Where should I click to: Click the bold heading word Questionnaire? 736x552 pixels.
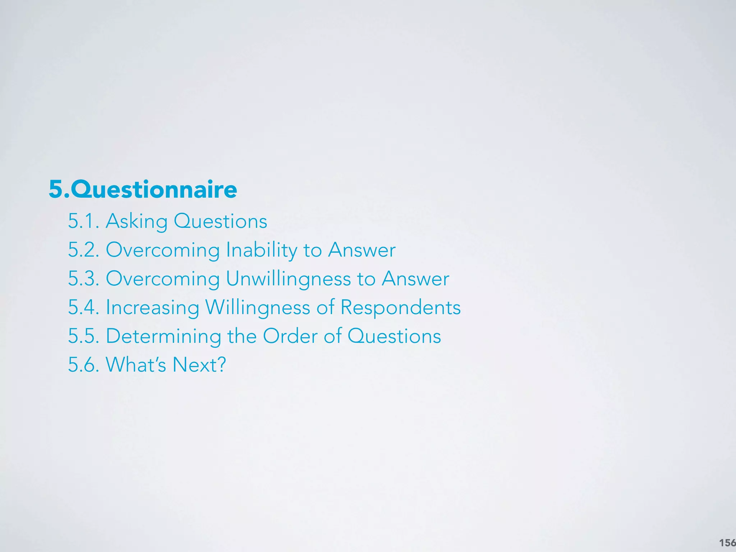click(154, 189)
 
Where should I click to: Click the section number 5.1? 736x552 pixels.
click(83, 221)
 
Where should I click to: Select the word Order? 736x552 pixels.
click(290, 336)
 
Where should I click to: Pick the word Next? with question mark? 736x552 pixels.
click(199, 365)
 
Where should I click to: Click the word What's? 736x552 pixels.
click(135, 365)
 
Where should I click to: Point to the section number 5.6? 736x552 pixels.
click(83, 365)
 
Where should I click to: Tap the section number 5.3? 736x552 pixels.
click(83, 279)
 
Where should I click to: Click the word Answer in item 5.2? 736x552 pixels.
click(362, 250)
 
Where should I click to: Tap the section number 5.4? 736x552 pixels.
click(83, 307)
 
